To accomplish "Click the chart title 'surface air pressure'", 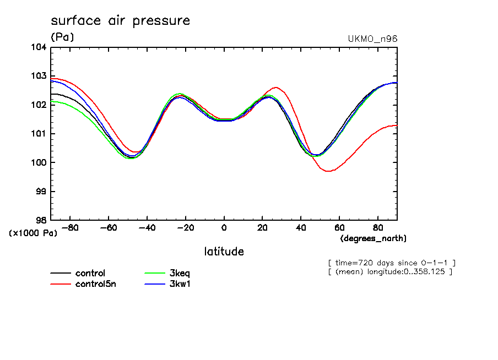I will pos(120,21).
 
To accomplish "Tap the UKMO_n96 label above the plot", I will pos(372,39).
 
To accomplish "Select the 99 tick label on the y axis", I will pos(41,192).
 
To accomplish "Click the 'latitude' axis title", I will pos(224,252).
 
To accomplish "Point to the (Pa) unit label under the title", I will pos(62,37).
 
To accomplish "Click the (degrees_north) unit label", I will pos(373,238).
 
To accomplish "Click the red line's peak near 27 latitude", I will pos(275,88).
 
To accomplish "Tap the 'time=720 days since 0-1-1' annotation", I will pos(391,263).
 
